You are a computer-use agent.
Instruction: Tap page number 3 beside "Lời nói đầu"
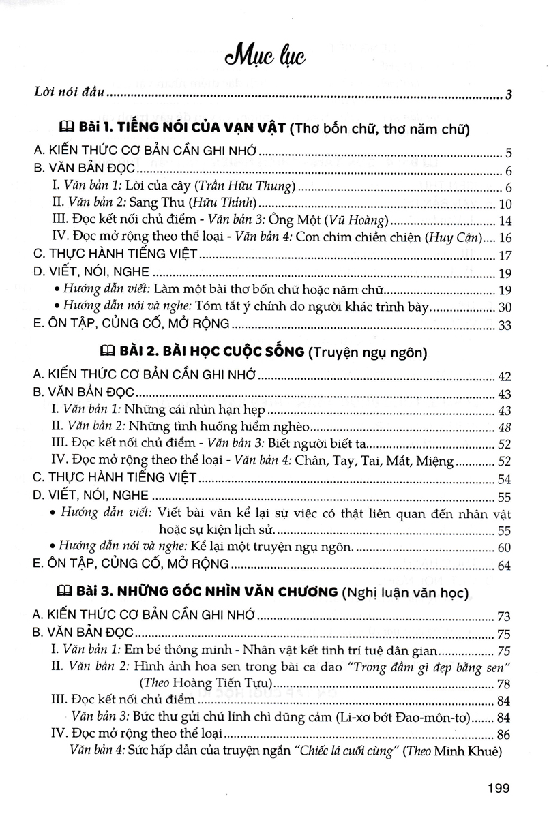tap(509, 94)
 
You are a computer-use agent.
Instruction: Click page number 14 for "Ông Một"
tap(505, 222)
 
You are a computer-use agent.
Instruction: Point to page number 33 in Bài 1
tap(505, 324)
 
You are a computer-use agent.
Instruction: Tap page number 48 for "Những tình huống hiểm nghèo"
tap(505, 428)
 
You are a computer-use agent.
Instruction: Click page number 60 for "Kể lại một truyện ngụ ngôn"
tap(505, 547)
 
